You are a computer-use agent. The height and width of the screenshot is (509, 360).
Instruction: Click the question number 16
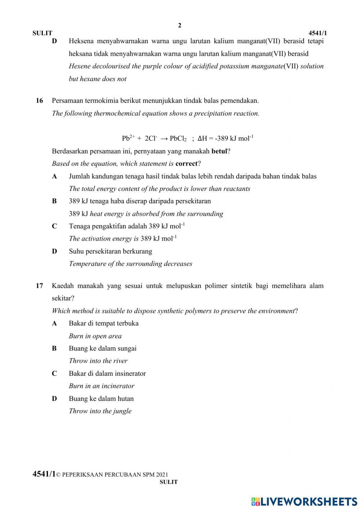coord(39,101)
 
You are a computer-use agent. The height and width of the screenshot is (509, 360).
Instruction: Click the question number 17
coord(39,286)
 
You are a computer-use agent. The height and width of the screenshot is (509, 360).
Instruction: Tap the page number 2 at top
coord(180,25)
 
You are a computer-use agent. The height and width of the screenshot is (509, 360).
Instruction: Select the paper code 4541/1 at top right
coord(318,33)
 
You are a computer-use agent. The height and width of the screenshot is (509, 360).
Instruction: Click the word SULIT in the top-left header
coord(42,33)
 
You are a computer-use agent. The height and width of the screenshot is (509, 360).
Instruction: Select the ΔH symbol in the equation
coord(203,138)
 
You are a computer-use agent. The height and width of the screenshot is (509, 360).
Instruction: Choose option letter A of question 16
coord(54,177)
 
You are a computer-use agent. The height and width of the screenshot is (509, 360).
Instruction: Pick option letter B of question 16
coord(54,201)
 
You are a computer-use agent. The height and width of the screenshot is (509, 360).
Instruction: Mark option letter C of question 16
coord(54,226)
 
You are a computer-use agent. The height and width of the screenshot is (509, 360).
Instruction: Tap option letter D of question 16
coord(54,251)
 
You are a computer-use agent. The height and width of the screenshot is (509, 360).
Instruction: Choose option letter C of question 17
coord(54,374)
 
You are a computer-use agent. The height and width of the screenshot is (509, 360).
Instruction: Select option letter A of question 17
coord(54,323)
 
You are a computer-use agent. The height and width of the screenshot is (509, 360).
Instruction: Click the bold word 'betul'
coord(219,151)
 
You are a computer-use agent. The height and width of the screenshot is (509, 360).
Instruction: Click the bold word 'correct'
coord(186,164)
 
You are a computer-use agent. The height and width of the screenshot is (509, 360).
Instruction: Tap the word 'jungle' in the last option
coord(122,411)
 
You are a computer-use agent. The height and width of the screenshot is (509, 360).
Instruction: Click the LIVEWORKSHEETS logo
coord(304,501)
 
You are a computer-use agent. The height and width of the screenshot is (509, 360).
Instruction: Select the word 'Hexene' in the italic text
coord(80,66)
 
